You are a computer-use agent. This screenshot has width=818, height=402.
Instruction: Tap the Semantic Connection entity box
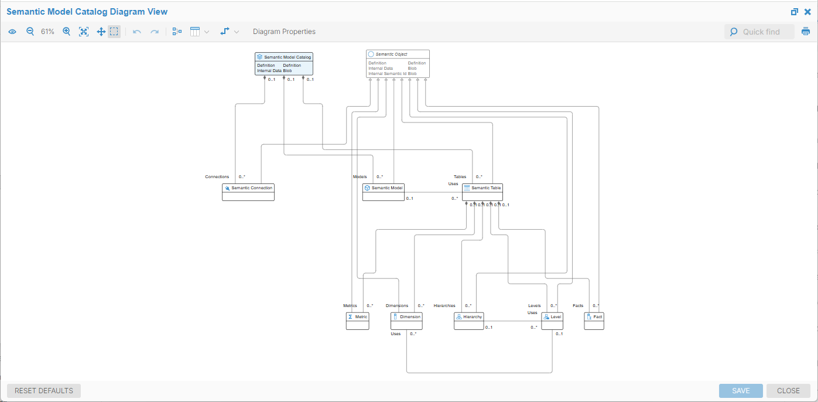pyautogui.click(x=248, y=188)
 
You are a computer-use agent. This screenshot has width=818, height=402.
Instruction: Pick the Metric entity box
pyautogui.click(x=358, y=316)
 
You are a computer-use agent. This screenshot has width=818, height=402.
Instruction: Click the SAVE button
pyautogui.click(x=741, y=391)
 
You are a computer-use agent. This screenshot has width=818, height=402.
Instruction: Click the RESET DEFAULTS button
pyautogui.click(x=44, y=391)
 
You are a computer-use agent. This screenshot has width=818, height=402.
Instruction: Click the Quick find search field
pyautogui.click(x=761, y=32)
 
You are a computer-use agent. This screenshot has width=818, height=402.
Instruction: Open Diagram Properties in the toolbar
pyautogui.click(x=284, y=32)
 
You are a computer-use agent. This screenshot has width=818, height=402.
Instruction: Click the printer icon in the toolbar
pyautogui.click(x=806, y=32)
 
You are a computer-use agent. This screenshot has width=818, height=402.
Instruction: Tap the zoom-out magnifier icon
pyautogui.click(x=30, y=32)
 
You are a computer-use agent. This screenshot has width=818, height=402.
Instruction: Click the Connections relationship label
pyautogui.click(x=217, y=176)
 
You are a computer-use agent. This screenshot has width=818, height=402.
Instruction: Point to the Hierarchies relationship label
pyautogui.click(x=444, y=305)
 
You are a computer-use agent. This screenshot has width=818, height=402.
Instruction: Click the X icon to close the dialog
pyautogui.click(x=807, y=12)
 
